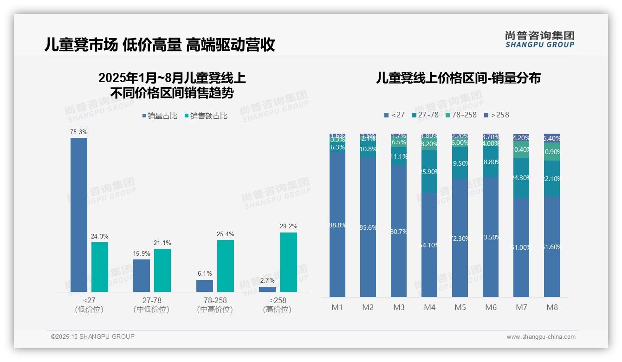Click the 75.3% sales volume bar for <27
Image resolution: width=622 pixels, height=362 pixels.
[79, 214]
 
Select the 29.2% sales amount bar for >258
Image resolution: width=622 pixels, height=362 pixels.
[288, 262]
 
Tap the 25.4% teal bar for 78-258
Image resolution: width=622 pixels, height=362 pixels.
[226, 265]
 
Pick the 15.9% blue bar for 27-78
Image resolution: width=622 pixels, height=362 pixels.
[142, 275]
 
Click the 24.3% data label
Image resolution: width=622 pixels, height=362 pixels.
[99, 236]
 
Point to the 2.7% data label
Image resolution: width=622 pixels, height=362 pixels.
[267, 281]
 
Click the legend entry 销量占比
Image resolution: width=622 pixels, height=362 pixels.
[159, 116]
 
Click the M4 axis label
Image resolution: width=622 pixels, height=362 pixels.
[429, 307]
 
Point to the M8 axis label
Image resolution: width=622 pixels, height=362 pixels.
[552, 307]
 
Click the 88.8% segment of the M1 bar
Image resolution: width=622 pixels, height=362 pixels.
[337, 225]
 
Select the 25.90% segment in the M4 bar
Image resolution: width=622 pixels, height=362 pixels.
[429, 171]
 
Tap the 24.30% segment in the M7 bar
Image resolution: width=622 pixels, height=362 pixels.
[521, 178]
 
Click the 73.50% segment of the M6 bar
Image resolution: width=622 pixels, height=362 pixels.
[491, 237]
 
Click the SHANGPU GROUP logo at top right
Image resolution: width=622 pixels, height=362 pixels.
[539, 39]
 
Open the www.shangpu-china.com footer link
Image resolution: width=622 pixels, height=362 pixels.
[541, 337]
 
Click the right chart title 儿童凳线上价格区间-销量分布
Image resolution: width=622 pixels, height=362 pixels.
[458, 78]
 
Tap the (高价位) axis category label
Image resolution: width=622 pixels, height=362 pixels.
[277, 310]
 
